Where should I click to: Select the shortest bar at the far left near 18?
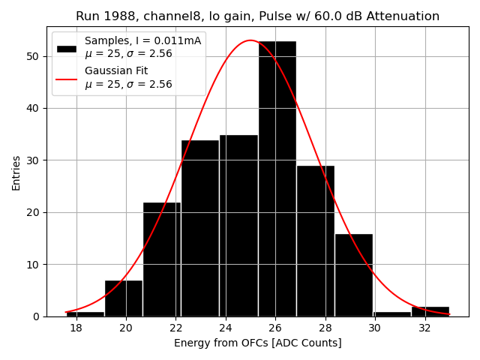coord(85,313)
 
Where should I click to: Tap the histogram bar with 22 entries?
coord(161,259)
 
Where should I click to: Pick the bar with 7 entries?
coord(123,298)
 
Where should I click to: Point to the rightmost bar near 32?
coord(430,311)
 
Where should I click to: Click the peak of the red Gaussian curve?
coord(250,40)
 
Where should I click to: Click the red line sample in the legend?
coord(67,78)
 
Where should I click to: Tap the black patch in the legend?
coord(67,48)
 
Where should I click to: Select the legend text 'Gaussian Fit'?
coord(116,71)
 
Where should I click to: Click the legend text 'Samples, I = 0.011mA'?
coord(142,41)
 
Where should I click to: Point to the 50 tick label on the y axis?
coord(34,56)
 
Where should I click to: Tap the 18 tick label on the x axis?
coord(76,328)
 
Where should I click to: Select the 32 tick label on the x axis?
coord(424,328)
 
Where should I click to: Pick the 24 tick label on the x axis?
coord(225,328)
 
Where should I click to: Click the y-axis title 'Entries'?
coord(16,172)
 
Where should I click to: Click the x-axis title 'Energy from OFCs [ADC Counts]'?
coord(257,343)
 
